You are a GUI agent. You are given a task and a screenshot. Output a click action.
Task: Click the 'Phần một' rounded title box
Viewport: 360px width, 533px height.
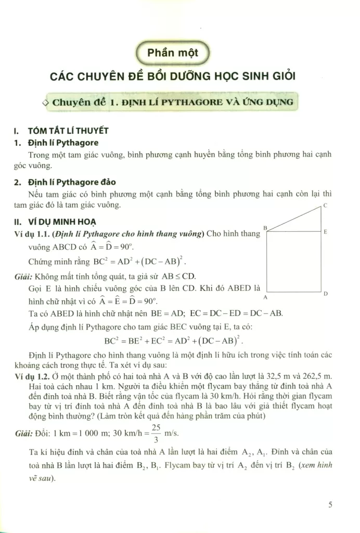[172, 53]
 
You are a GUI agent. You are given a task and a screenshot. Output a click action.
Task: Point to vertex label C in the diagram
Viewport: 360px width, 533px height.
[325, 206]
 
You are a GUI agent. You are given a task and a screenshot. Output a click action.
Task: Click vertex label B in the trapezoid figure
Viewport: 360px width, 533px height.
[265, 228]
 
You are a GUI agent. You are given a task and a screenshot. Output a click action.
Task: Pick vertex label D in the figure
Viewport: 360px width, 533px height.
[325, 294]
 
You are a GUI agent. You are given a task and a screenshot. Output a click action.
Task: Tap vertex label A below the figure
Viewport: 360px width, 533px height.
[265, 297]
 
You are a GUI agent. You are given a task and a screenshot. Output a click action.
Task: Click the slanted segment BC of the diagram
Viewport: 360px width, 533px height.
[294, 219]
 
